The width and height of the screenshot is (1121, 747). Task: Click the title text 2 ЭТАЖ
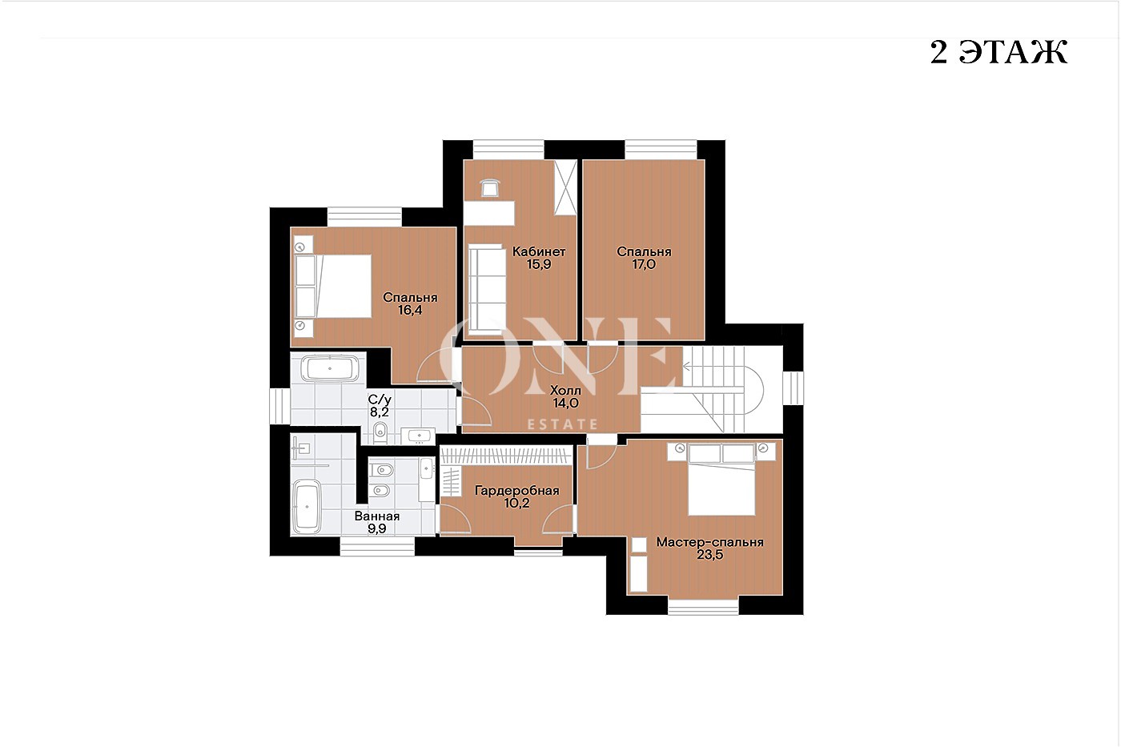(999, 52)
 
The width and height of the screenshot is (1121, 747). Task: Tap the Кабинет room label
(539, 251)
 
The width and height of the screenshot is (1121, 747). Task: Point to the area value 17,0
(644, 264)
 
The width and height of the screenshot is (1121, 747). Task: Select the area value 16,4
(410, 310)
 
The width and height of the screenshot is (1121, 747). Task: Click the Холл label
(565, 390)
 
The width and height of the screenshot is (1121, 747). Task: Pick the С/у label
(380, 400)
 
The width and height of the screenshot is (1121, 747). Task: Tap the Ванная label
(377, 516)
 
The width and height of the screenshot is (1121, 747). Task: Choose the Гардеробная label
(517, 490)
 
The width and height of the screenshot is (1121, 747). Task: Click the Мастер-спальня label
(709, 542)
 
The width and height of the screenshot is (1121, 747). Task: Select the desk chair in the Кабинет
(490, 188)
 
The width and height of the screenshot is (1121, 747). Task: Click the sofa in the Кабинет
(487, 290)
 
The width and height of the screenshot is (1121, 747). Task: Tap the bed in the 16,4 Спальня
(333, 286)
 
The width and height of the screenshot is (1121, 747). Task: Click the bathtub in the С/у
(330, 369)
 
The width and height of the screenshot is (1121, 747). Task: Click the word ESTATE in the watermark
(563, 425)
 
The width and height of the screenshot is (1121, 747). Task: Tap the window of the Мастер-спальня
(703, 606)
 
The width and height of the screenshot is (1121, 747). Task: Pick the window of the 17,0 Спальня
(661, 149)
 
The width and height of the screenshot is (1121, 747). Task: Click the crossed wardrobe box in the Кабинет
(565, 187)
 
